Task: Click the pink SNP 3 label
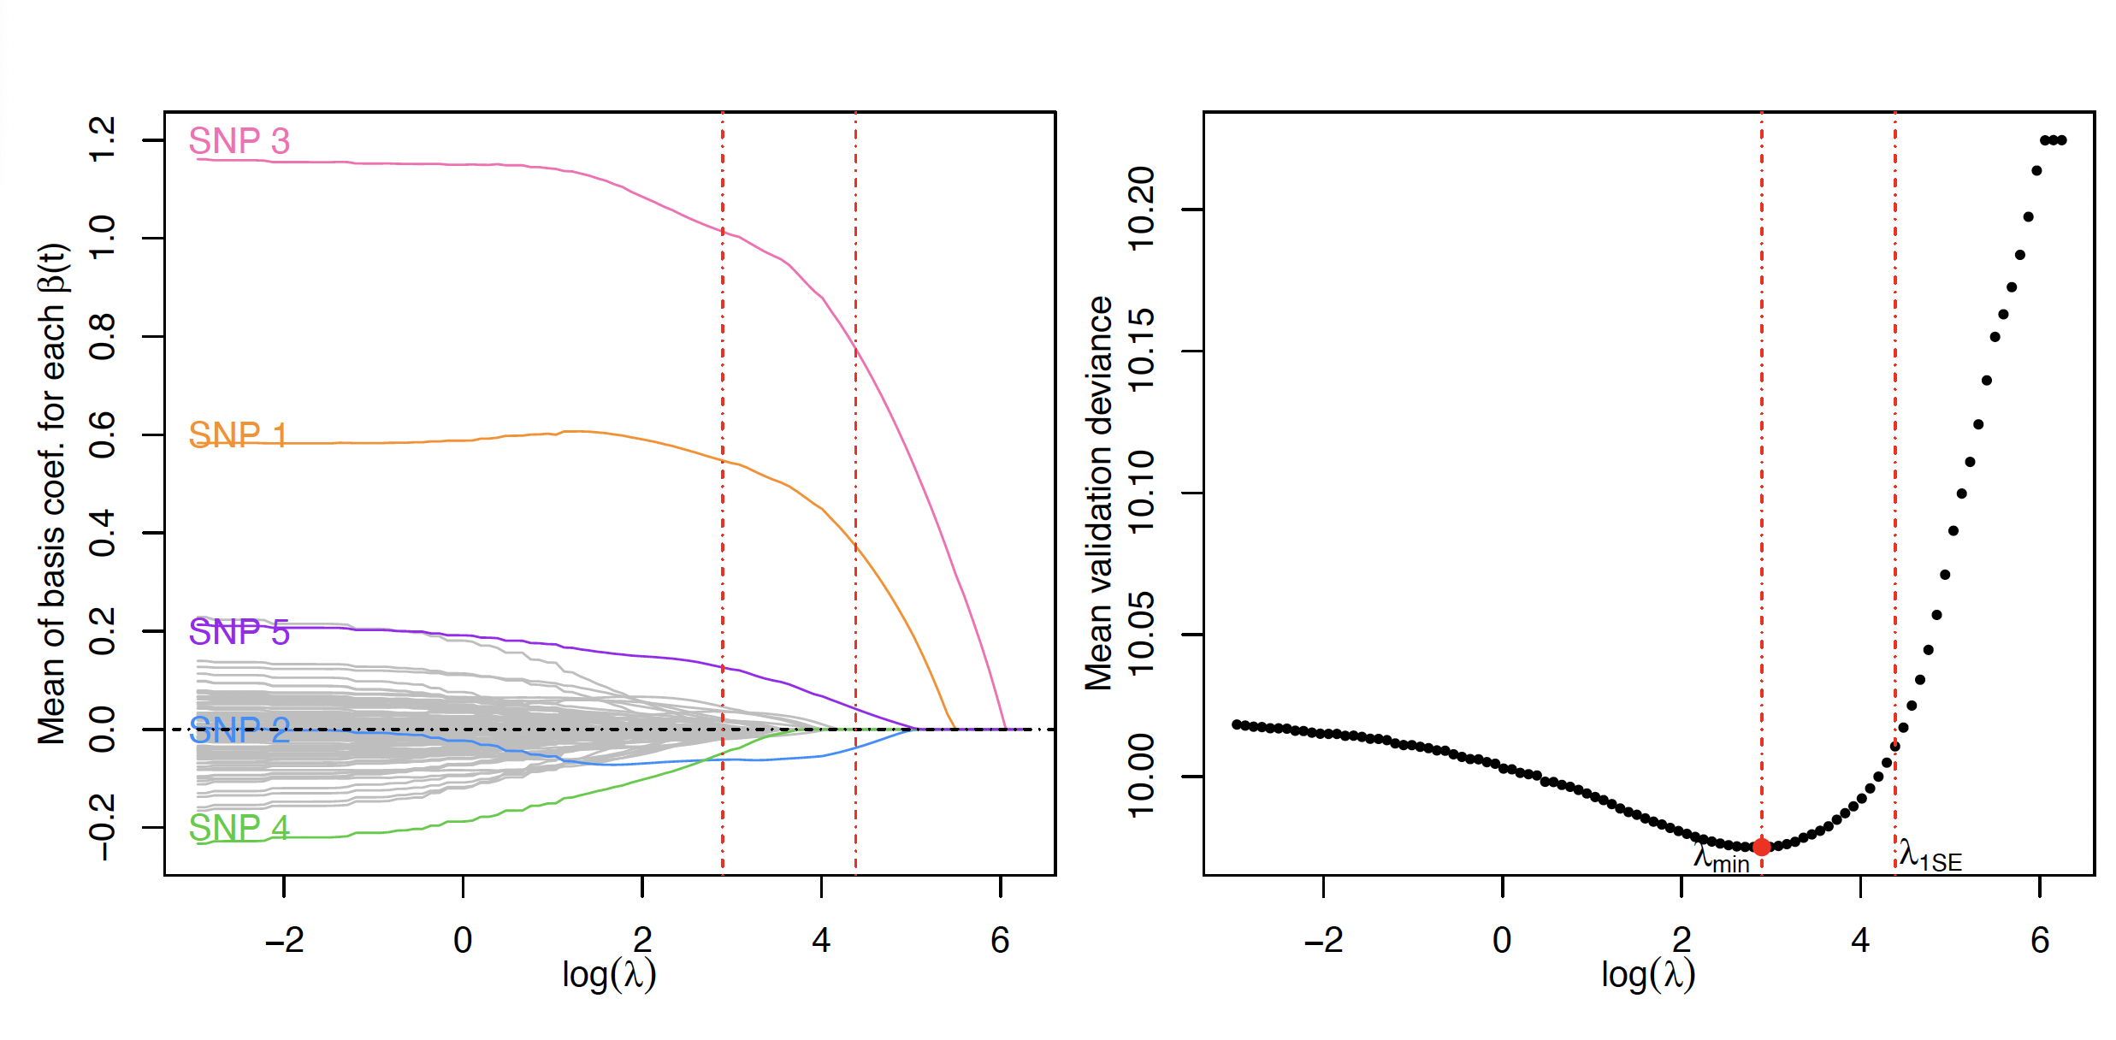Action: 239,141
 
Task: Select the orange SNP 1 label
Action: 238,435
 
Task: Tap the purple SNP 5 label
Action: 239,632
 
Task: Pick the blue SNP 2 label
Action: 239,730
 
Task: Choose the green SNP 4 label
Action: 239,828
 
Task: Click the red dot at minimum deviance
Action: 1761,847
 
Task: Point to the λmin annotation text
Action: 1721,858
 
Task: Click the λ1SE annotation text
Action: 1930,856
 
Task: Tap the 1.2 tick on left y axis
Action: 103,139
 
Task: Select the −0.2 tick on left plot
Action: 103,827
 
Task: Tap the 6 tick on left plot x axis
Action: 1000,941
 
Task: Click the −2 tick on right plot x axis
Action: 1322,941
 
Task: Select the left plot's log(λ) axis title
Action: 609,975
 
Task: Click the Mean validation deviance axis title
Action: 1099,493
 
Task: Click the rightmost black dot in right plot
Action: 2062,140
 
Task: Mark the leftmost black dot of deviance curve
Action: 1236,724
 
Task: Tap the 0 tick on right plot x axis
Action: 1502,941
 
